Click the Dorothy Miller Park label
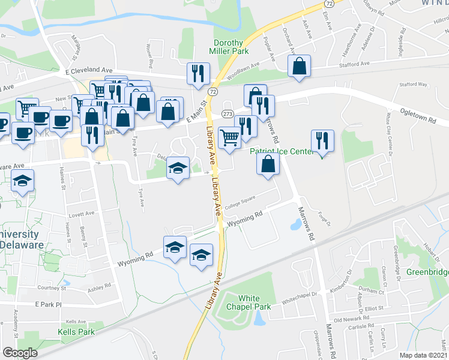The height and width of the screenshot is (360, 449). click(x=229, y=47)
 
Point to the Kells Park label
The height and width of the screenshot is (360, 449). click(x=76, y=331)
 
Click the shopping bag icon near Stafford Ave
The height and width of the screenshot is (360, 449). click(x=299, y=67)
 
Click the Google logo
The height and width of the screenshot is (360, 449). click(x=20, y=352)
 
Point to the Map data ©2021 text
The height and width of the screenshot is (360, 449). click(x=424, y=355)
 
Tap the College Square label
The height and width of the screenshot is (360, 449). click(x=240, y=202)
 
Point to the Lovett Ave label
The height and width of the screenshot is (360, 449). click(x=81, y=214)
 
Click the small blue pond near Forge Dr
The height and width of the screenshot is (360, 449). click(x=295, y=225)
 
